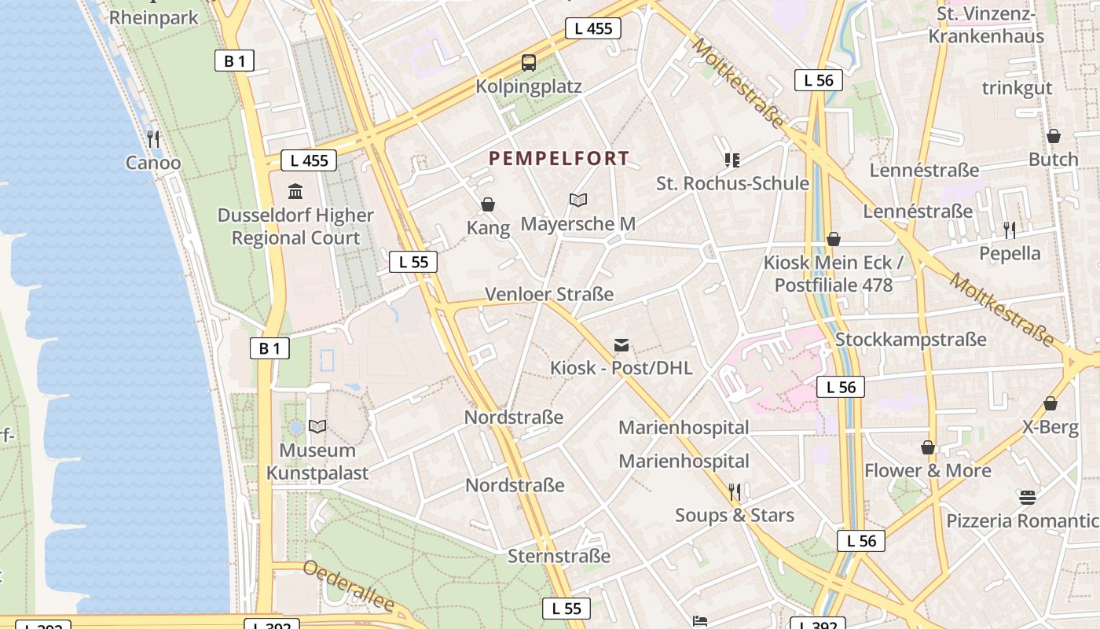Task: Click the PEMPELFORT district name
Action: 559,159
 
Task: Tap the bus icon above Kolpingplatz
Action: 529,62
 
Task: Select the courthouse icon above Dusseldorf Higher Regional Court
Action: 295,191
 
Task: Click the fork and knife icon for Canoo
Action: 153,139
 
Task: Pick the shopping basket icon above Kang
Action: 488,205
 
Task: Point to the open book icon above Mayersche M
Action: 578,200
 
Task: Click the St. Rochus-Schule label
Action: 732,183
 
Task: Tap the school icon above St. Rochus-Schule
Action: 732,160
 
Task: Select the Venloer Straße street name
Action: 549,294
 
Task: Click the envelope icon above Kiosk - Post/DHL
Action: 621,344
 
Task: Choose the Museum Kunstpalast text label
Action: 317,462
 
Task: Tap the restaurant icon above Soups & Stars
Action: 735,492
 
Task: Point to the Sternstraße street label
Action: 559,556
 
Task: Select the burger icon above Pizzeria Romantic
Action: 1028,497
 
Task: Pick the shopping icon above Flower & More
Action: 928,447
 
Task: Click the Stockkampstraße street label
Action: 911,340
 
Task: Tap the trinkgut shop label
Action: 1017,87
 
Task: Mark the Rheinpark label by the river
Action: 154,17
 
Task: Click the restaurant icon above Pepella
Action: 1010,230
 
